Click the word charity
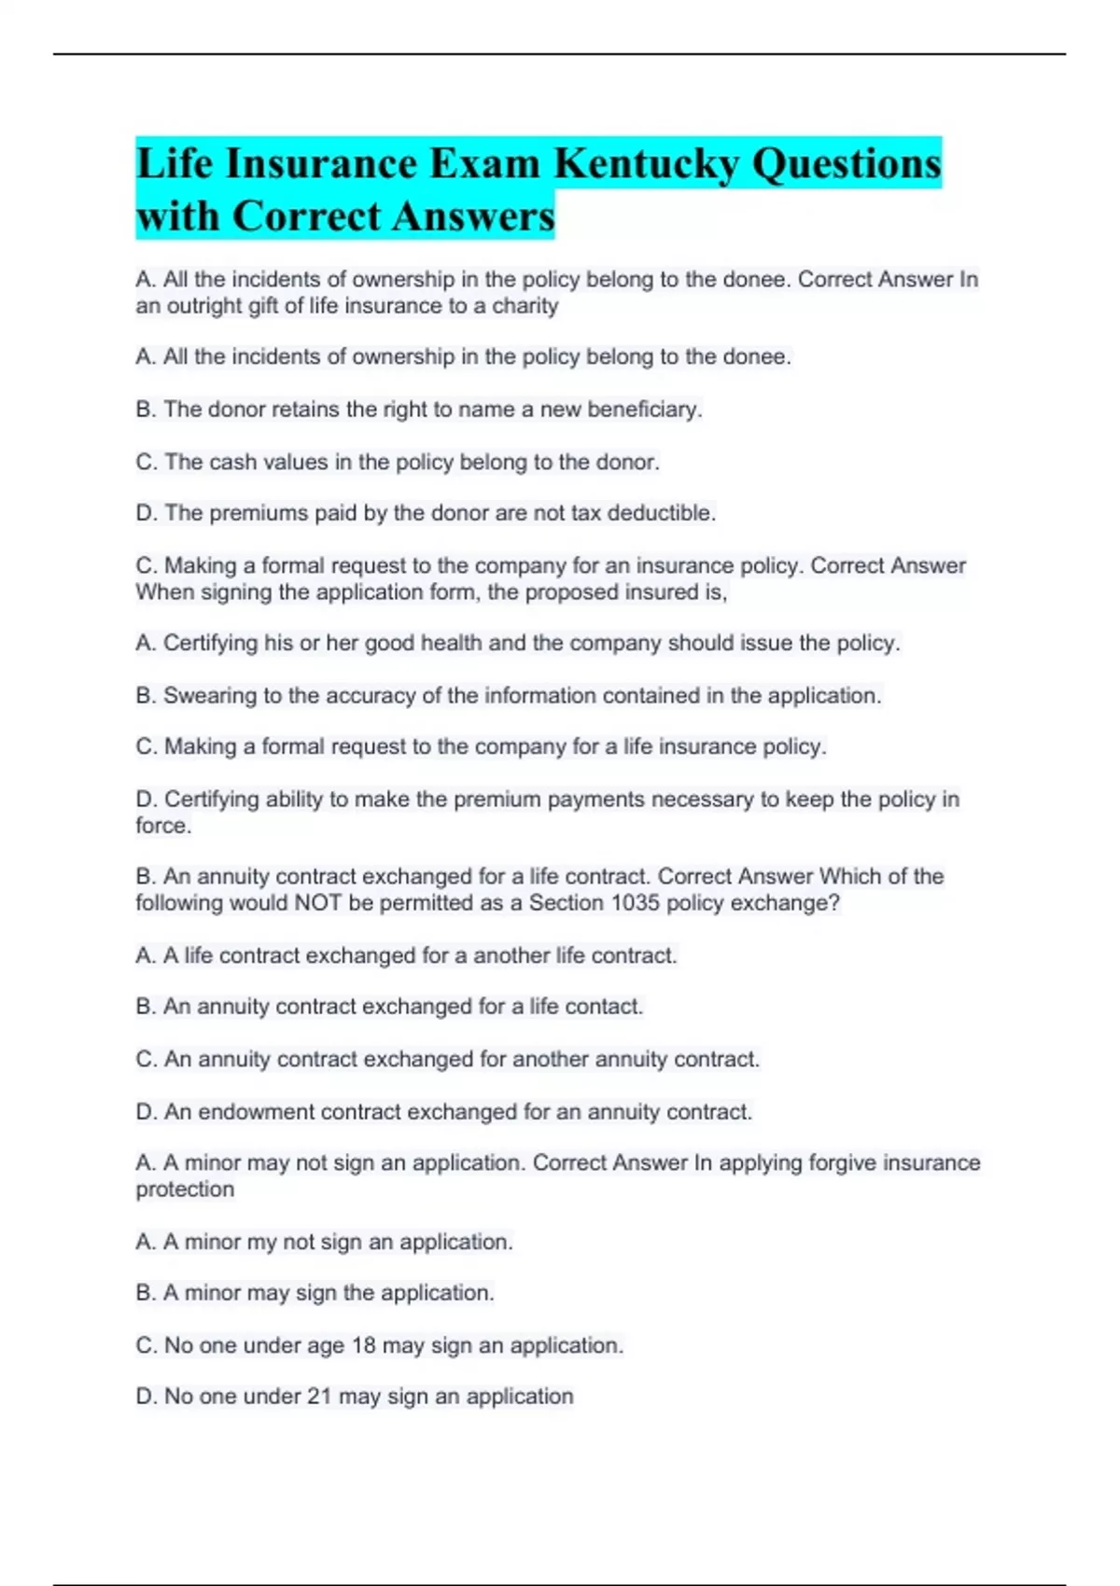pos(525,306)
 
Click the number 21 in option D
pos(319,1397)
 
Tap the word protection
pos(185,1189)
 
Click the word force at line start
pos(162,826)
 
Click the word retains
pos(307,410)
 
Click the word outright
pos(203,306)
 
